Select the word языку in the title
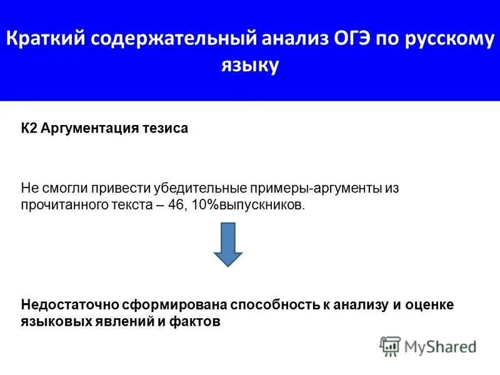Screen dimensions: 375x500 pos(250,66)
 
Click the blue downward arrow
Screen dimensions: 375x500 pos(227,244)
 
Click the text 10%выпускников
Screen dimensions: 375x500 pos(251,205)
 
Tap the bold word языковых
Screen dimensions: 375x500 pos(54,322)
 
